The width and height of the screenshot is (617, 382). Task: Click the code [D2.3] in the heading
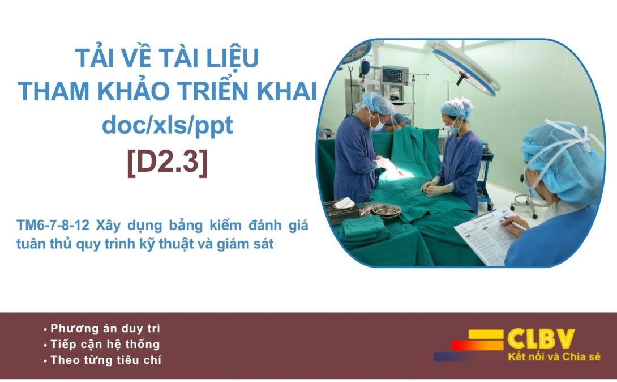[167, 162]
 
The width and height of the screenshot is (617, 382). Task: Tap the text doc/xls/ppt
[167, 126]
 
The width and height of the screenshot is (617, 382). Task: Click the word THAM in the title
[54, 91]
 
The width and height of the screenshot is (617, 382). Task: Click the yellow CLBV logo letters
[541, 339]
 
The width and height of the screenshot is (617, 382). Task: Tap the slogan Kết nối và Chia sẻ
[554, 357]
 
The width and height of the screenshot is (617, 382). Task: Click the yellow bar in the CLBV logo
[486, 334]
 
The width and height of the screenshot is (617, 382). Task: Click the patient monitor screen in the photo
[393, 74]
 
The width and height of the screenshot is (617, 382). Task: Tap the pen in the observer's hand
[514, 223]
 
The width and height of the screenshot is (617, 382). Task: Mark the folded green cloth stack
[364, 230]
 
